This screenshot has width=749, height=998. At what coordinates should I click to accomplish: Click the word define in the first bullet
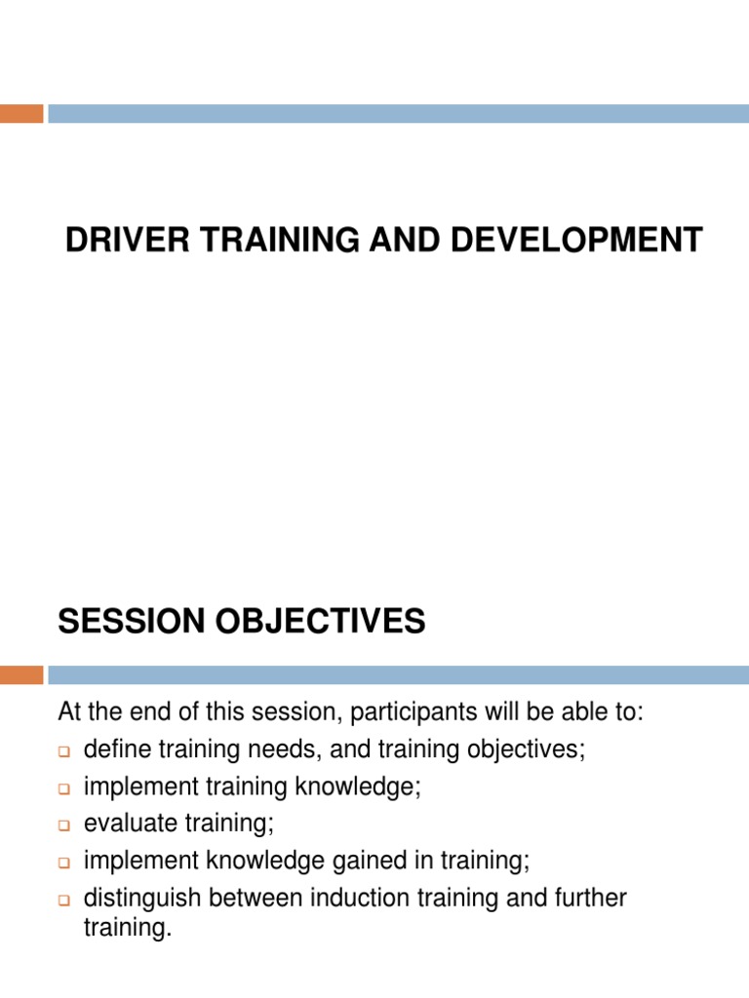(x=113, y=750)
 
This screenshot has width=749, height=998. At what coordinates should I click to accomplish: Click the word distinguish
(x=138, y=898)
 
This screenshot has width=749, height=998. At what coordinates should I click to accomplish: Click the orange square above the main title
(x=21, y=114)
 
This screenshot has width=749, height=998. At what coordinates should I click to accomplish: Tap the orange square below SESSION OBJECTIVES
(x=21, y=674)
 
